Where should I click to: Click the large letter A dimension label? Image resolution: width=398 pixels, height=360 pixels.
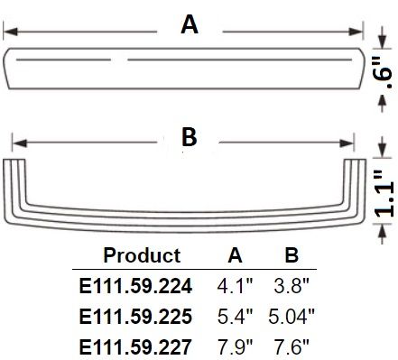(190, 24)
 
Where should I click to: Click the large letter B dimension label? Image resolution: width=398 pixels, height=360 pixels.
(190, 137)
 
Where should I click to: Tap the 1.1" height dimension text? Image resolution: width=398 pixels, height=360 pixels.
(384, 193)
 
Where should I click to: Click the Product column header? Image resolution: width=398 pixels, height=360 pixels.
(142, 255)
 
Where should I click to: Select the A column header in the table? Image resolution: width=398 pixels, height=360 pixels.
(235, 255)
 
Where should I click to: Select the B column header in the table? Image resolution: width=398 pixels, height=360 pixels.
(292, 255)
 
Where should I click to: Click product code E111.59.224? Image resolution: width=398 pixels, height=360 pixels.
(135, 286)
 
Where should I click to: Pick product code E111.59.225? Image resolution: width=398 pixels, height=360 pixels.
(135, 316)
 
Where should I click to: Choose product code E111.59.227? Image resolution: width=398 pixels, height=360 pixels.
(135, 346)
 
